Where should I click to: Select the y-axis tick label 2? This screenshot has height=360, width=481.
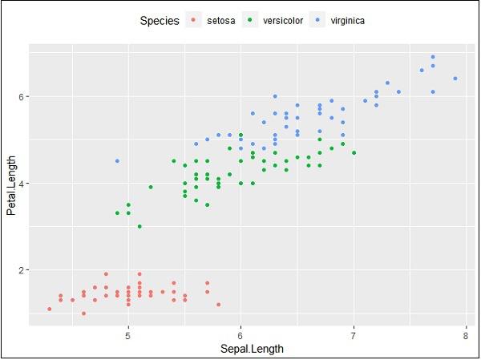point(22,270)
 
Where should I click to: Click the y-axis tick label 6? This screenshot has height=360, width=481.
point(22,97)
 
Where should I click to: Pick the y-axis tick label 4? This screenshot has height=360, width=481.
point(22,184)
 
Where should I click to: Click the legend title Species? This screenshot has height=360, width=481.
point(159,21)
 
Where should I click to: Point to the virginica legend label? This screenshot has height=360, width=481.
point(348,21)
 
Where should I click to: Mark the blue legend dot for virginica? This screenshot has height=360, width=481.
point(320,21)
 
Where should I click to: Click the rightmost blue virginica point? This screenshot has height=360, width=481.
point(455,79)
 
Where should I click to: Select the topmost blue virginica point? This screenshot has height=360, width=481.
point(432,57)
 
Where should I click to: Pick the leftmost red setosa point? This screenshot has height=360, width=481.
point(50,309)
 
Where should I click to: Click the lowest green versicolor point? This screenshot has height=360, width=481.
point(139,227)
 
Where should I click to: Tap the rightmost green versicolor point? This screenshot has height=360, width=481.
point(354,152)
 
